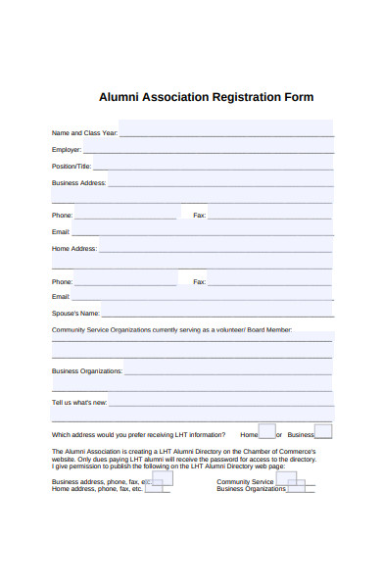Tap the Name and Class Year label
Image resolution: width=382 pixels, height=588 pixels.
pos(84,133)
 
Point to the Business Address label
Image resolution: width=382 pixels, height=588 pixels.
pos(78,183)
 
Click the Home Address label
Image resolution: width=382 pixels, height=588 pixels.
pos(73,249)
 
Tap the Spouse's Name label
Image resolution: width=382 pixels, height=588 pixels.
pos(75,314)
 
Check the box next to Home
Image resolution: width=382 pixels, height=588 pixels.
pos(267,431)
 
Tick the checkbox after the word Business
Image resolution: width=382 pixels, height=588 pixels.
pos(323,431)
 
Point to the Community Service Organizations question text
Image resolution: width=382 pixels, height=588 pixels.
pos(171,330)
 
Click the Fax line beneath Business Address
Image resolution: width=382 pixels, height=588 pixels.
pos(268,215)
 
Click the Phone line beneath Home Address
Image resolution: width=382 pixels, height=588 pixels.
pos(126,281)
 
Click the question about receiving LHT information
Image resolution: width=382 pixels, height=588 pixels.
pos(138,434)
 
